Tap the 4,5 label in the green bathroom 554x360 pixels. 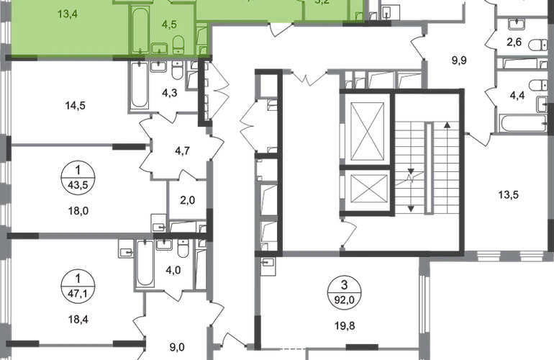(x=169, y=24)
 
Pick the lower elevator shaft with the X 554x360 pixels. (x=368, y=189)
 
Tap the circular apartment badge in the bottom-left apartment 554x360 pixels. (x=74, y=276)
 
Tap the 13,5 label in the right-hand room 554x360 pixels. (x=509, y=194)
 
